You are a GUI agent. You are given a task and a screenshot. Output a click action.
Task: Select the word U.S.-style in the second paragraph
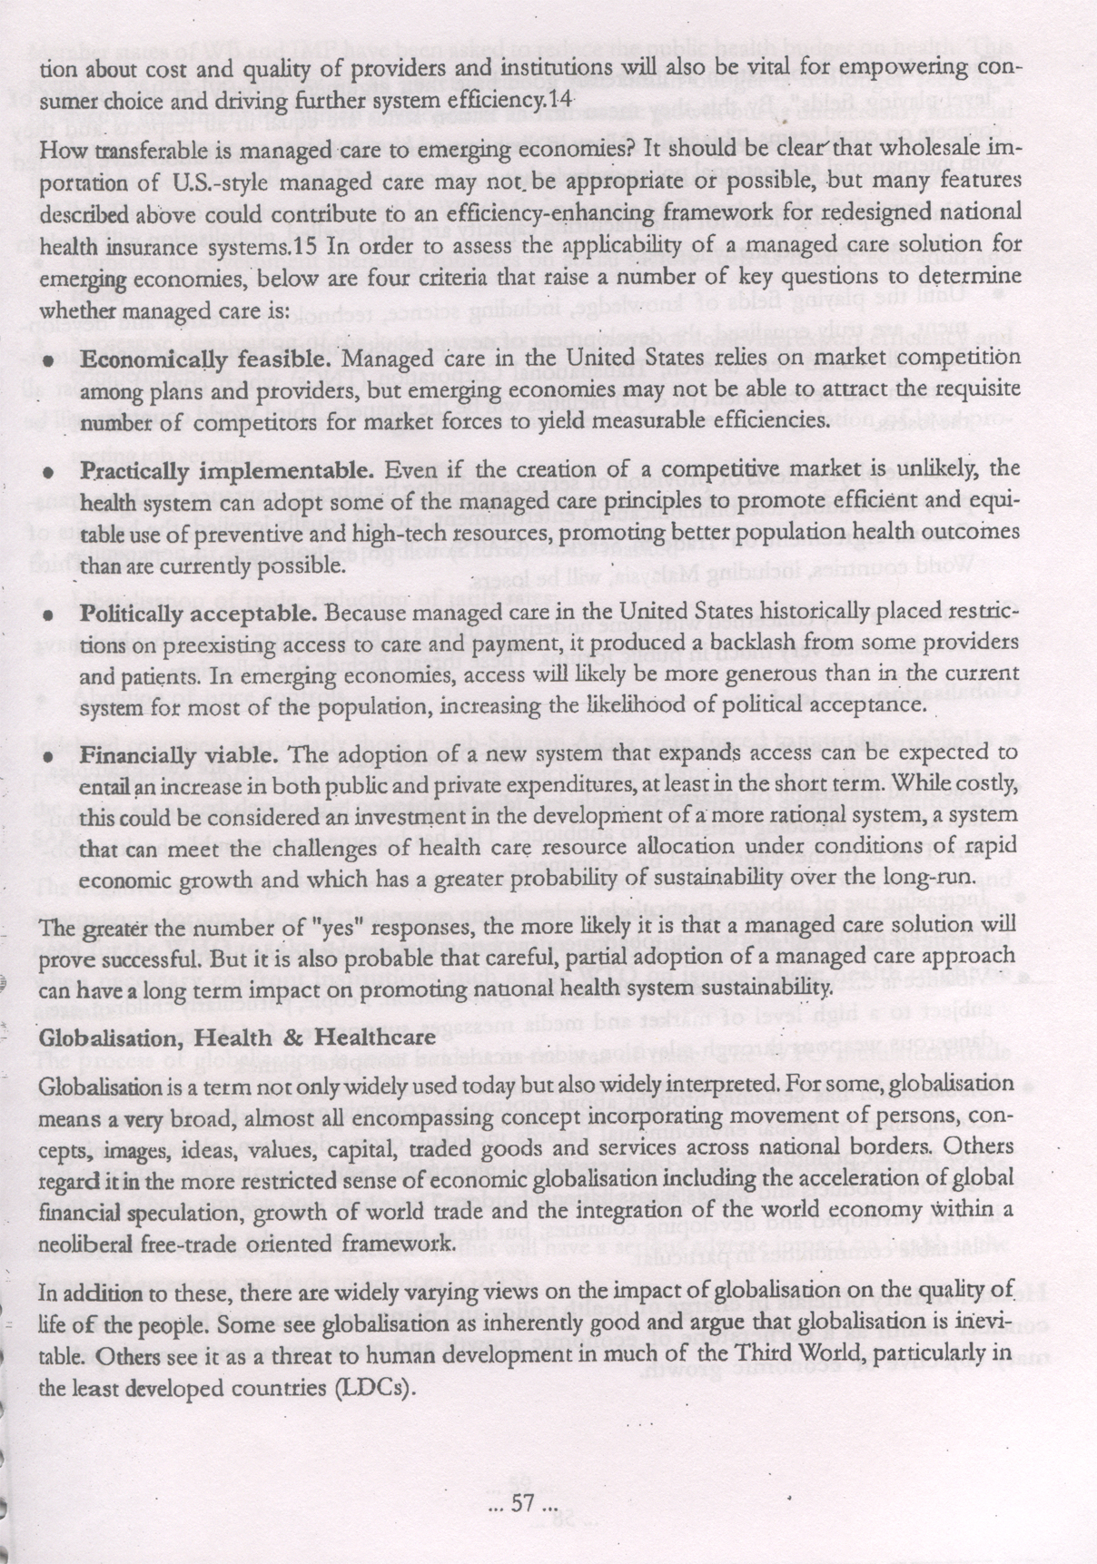[x=211, y=181]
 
